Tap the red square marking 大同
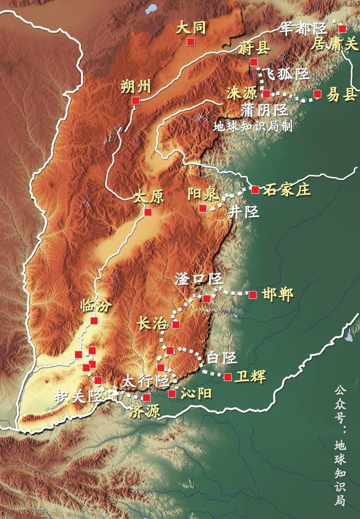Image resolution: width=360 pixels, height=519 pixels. click(x=191, y=42)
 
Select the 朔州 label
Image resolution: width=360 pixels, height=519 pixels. click(x=135, y=86)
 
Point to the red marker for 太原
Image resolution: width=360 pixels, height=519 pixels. click(x=148, y=212)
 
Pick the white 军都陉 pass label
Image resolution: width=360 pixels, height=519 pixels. click(x=302, y=28)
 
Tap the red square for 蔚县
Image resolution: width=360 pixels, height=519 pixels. click(x=254, y=62)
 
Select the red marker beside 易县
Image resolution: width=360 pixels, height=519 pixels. click(x=318, y=94)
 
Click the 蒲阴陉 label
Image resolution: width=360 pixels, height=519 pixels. click(x=265, y=110)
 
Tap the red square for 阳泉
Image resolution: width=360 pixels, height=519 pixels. click(x=203, y=208)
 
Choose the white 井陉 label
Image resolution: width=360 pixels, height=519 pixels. click(x=244, y=211)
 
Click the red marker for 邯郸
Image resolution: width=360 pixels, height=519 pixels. click(x=252, y=295)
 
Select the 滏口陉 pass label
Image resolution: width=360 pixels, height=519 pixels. click(x=198, y=279)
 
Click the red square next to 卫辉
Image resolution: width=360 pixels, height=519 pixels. click(x=228, y=377)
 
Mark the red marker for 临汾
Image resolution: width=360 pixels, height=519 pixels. click(x=94, y=321)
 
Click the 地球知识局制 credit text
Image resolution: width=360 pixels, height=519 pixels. click(x=252, y=126)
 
